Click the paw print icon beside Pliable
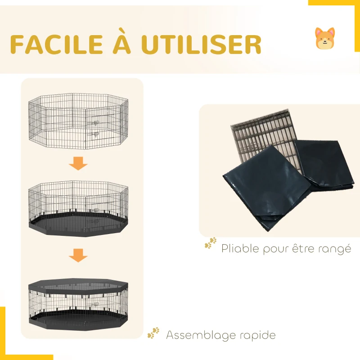pos(210,243)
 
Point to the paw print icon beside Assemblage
pos(153,333)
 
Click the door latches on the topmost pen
pos(94,128)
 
